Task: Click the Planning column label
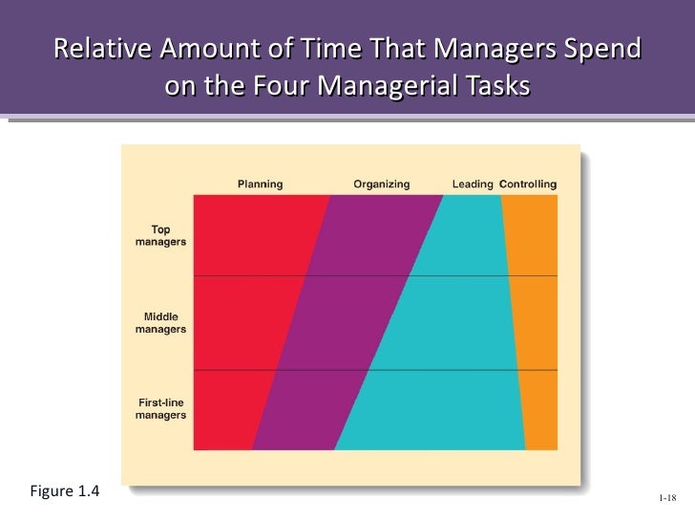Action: tap(260, 184)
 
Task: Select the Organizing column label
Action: tap(381, 184)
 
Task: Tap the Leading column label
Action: tap(472, 184)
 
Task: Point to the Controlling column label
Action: tap(528, 184)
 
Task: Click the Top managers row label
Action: tap(160, 235)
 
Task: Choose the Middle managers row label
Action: tap(160, 322)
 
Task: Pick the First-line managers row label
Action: tap(160, 409)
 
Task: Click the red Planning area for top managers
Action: tap(253, 234)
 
